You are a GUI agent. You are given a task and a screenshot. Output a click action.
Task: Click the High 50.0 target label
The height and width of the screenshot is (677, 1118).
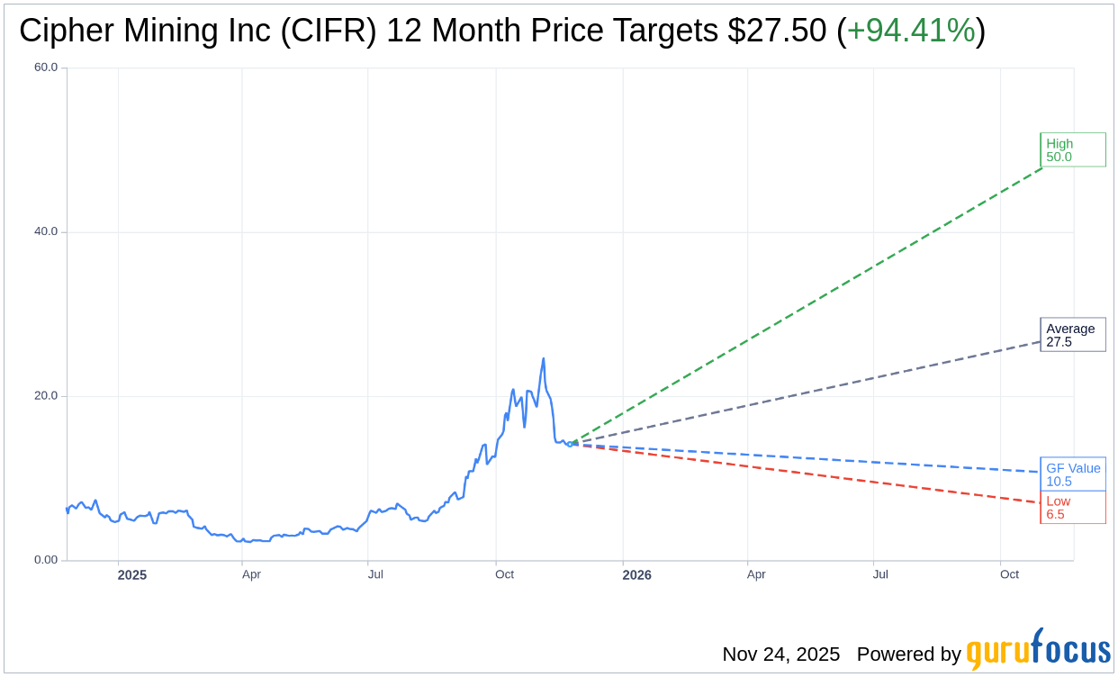pos(1072,149)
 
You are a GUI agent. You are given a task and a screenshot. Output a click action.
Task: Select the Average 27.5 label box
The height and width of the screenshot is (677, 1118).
pos(1072,335)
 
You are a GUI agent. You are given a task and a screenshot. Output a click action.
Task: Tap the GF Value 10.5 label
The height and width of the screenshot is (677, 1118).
pos(1072,474)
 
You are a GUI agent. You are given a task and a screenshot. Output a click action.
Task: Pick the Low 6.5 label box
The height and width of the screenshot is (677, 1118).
pos(1072,508)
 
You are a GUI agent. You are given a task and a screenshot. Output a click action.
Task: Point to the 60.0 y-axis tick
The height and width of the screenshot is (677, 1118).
pos(45,68)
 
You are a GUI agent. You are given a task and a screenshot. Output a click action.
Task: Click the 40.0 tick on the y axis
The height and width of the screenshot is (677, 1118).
pos(45,231)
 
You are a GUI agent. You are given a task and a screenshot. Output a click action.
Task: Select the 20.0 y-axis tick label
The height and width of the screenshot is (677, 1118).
pos(45,396)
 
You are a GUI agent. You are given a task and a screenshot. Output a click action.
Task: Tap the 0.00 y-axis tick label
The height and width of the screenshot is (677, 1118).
pos(45,560)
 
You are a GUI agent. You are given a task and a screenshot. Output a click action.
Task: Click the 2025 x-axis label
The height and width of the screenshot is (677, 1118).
pos(131,574)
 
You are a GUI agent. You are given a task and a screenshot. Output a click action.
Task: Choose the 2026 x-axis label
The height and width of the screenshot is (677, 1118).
pos(636,574)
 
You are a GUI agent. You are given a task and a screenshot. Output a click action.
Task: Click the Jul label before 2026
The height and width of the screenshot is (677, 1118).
pos(375,574)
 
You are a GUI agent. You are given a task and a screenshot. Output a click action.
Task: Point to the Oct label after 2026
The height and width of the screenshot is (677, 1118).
pos(1009,574)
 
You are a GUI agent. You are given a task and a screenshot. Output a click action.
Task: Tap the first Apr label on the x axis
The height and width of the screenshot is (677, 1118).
pos(251,574)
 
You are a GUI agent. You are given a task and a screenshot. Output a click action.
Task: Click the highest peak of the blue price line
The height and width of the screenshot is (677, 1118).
pos(543,359)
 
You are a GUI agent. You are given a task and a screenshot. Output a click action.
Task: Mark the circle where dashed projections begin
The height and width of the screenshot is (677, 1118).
pos(570,444)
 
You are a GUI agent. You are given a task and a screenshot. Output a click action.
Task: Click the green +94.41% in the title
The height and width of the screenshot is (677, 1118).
pos(911,31)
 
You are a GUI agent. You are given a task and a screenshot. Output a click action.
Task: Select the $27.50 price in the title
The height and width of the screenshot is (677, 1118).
pos(777,31)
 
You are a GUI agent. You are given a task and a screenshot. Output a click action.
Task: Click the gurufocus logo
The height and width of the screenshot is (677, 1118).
pos(1038,650)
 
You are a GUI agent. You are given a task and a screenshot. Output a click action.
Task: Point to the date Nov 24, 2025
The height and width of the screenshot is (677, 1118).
pos(780,654)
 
